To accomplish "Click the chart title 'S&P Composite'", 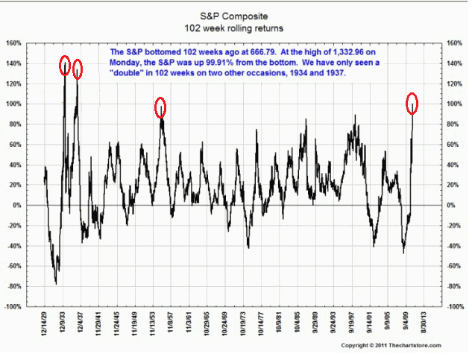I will click(236, 16).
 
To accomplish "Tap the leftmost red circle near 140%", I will click(65, 65).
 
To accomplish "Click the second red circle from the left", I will click(78, 69).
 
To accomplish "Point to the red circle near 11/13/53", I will click(160, 108).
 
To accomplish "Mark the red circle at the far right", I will click(412, 103).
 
